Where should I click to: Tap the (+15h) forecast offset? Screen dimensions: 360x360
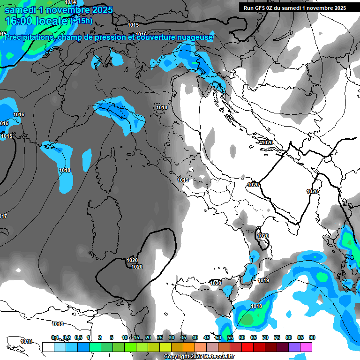point(82,21)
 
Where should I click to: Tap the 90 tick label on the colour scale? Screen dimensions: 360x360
point(312,337)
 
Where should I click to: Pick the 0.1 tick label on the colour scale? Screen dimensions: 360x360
point(54,337)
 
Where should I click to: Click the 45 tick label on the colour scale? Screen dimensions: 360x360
point(207,337)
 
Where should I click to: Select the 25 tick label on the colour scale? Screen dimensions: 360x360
point(160,337)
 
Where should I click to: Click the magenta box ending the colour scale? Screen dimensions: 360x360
point(306,347)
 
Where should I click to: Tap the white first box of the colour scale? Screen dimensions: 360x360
point(48,347)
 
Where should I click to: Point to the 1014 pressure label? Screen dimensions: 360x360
point(70,2)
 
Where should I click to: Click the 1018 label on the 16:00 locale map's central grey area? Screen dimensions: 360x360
point(162,107)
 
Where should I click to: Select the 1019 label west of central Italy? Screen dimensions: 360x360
point(183,180)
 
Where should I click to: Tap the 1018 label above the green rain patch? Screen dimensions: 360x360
point(256,306)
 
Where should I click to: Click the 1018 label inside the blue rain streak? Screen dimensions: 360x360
point(65,170)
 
